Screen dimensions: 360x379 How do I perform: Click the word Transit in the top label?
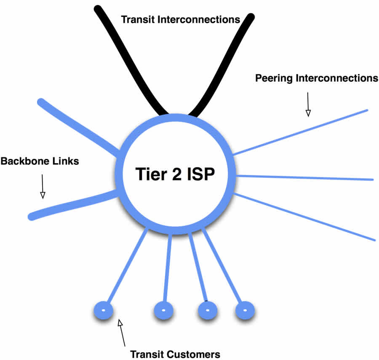click(x=138, y=19)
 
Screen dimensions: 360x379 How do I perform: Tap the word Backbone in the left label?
click(x=24, y=161)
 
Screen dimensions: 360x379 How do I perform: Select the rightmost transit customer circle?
click(x=245, y=311)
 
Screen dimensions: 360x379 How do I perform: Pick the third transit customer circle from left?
click(x=208, y=311)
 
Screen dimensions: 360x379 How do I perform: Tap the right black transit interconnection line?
click(x=227, y=63)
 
